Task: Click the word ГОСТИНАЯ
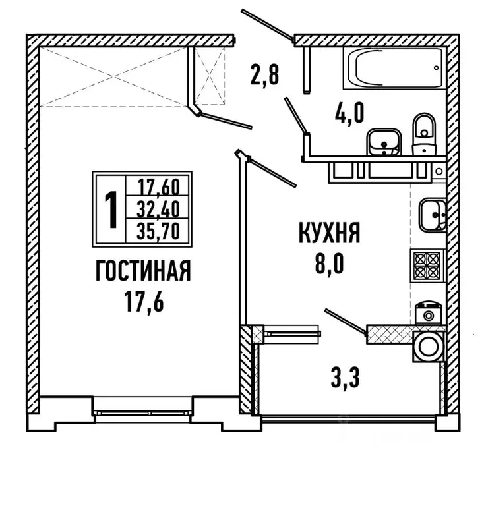click(x=143, y=271)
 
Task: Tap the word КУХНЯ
click(x=328, y=234)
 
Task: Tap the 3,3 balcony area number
click(x=349, y=378)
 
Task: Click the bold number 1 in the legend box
click(x=111, y=209)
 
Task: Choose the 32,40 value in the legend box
click(x=162, y=208)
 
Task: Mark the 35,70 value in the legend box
click(x=162, y=231)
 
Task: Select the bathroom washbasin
click(x=382, y=140)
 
